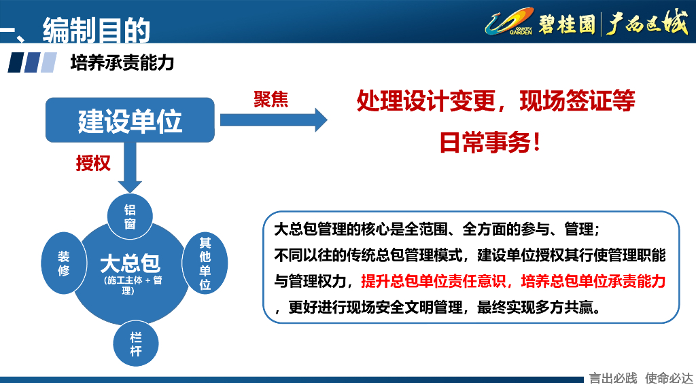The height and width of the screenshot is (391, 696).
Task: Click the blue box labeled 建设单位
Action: pyautogui.click(x=130, y=120)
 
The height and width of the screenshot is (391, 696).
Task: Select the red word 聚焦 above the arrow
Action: pyautogui.click(x=271, y=100)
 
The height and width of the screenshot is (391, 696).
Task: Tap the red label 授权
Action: pyautogui.click(x=93, y=163)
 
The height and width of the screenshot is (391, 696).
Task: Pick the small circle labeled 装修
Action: pyautogui.click(x=63, y=263)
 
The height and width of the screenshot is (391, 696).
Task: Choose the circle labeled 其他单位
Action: pyautogui.click(x=205, y=263)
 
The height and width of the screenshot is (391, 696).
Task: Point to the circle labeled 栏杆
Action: pyautogui.click(x=135, y=343)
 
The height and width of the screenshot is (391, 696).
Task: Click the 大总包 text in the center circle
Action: pyautogui.click(x=130, y=263)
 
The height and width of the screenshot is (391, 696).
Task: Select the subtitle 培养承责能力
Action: pyautogui.click(x=122, y=63)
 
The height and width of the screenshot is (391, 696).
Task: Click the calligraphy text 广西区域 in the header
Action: pyautogui.click(x=646, y=23)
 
